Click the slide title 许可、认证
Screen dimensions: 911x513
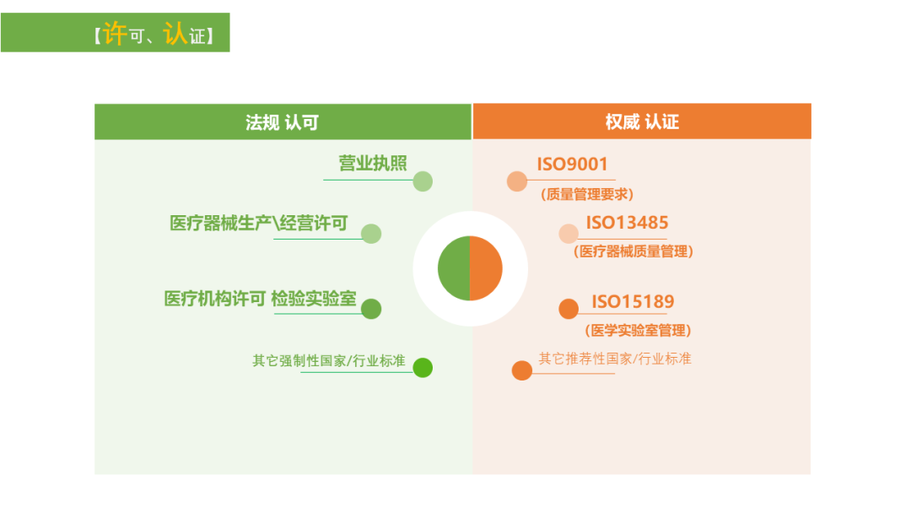point(154,35)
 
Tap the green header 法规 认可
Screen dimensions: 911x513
point(283,122)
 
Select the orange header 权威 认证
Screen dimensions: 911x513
point(642,121)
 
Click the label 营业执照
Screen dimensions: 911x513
point(373,163)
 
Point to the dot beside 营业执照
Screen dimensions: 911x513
point(423,181)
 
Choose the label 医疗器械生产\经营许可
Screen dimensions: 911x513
point(259,223)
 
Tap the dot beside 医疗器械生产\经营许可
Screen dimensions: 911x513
point(370,234)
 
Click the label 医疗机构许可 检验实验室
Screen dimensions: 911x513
point(261,299)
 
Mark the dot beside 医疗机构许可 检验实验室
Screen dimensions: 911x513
point(370,309)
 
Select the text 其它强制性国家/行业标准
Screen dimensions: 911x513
point(329,361)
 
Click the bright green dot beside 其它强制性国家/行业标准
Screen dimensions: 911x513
point(423,367)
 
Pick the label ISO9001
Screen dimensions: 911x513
point(572,165)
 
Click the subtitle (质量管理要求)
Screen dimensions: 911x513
point(587,194)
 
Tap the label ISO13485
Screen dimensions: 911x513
point(627,223)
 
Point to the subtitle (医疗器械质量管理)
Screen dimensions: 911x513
point(633,251)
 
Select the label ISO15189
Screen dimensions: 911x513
point(633,301)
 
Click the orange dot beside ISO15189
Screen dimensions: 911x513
point(569,309)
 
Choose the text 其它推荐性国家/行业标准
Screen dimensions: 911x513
point(615,359)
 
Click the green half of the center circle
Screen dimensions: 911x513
point(454,268)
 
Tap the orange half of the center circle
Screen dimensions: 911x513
point(487,268)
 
